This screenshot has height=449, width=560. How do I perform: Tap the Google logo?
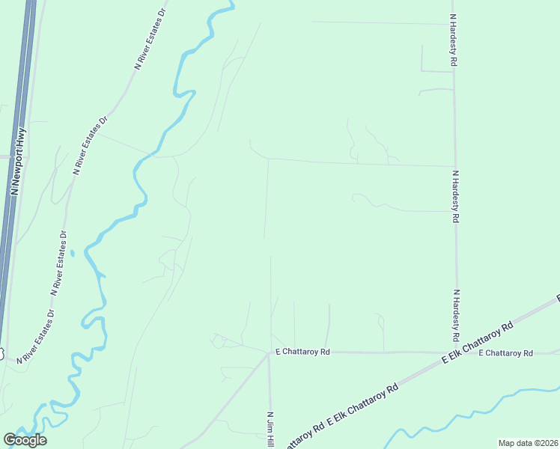click(25, 440)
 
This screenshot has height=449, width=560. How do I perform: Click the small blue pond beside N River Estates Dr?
click(72, 253)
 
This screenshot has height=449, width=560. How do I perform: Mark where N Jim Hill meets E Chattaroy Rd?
click(269, 352)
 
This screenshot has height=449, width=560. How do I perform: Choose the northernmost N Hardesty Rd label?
click(454, 40)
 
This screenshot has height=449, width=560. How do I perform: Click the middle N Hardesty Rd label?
click(455, 197)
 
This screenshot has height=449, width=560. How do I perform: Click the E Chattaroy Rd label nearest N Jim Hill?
click(302, 350)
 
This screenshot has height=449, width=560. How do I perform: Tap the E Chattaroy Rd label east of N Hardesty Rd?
click(505, 352)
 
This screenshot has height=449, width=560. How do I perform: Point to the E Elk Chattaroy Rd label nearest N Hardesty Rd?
click(477, 344)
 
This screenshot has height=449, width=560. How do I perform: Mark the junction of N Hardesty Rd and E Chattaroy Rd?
click(457, 352)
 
